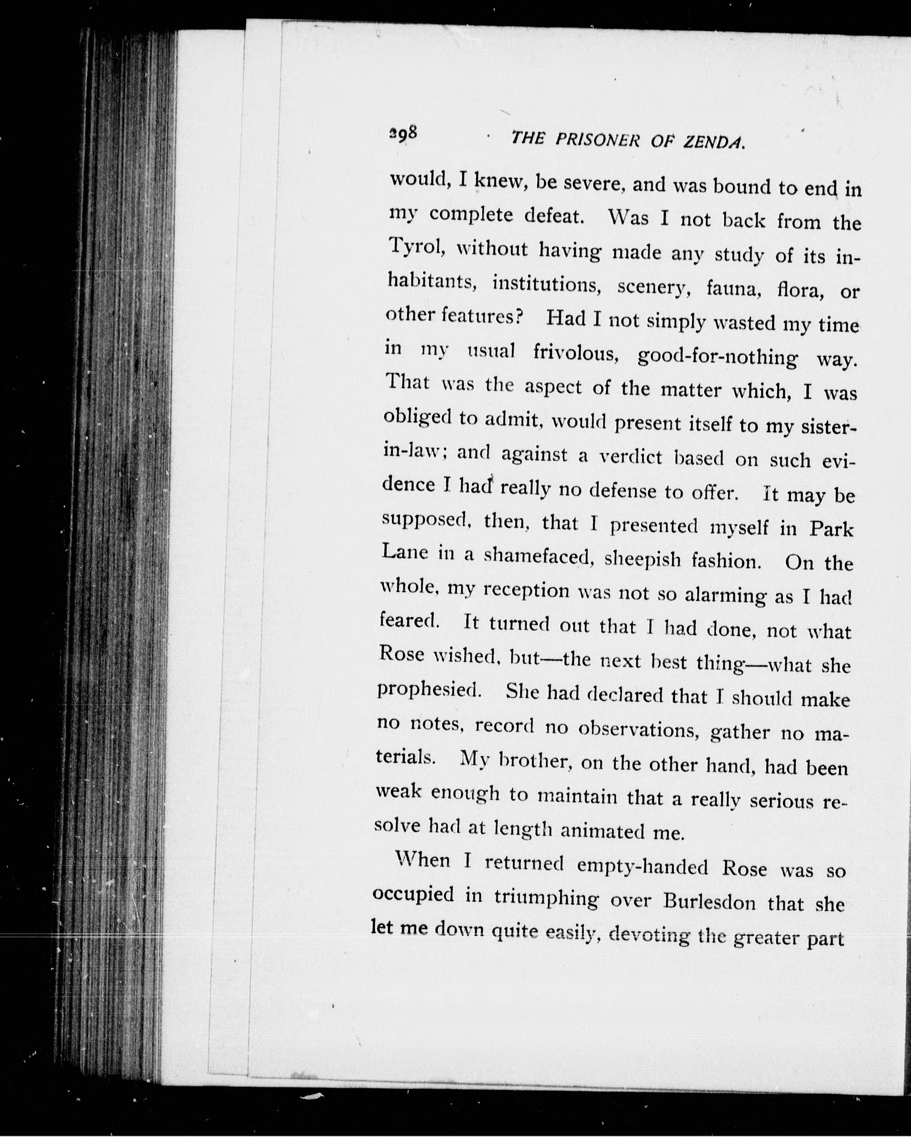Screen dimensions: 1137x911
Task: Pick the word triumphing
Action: [x=546, y=900]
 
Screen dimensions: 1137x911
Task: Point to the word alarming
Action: [x=725, y=595]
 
